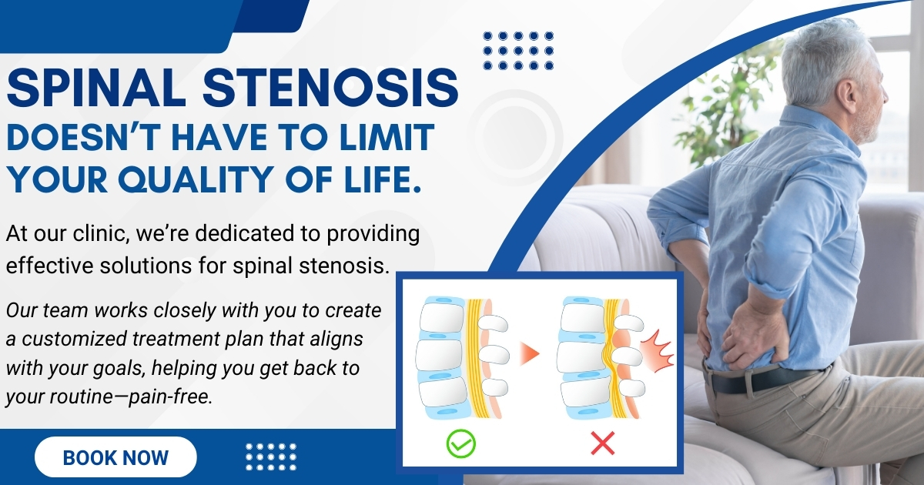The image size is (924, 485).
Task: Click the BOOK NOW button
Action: click(115, 457)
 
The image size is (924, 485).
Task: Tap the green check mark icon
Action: click(460, 443)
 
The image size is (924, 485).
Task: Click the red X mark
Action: click(603, 443)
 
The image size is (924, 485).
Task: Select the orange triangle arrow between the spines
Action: click(529, 353)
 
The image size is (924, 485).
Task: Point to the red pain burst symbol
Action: click(657, 350)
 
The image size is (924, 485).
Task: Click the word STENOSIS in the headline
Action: click(330, 89)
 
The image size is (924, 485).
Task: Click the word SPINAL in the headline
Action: click(95, 89)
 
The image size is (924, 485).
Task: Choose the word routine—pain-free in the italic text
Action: click(131, 396)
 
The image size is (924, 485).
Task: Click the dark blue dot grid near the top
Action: click(518, 51)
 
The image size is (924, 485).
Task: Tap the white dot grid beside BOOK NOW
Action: click(271, 457)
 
